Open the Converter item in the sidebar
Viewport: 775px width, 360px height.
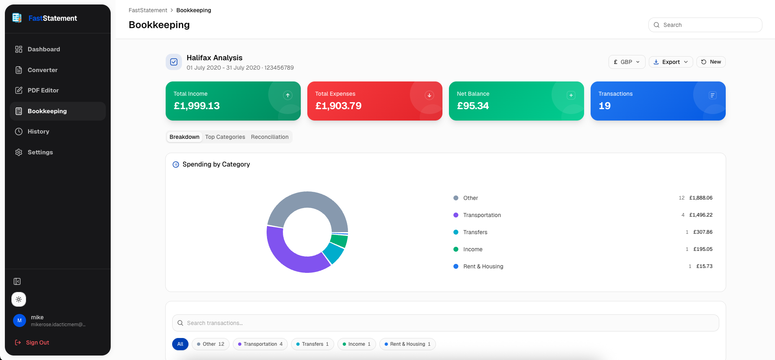(42, 70)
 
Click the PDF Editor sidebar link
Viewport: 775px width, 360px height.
(43, 90)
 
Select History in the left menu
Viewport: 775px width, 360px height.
(38, 132)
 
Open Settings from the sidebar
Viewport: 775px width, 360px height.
(40, 152)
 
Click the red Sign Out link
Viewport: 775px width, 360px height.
(37, 342)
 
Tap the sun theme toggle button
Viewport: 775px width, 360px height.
(19, 299)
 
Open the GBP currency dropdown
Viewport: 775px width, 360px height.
(626, 62)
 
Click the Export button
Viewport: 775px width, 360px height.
(670, 62)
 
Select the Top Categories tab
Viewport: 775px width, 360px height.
(225, 137)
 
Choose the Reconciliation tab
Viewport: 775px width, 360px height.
(269, 137)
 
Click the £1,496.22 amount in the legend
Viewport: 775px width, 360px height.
(701, 215)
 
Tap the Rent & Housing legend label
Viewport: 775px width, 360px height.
(483, 266)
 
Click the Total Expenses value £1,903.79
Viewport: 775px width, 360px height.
(338, 106)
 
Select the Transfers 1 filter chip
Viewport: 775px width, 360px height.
(313, 344)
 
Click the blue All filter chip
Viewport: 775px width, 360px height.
(180, 344)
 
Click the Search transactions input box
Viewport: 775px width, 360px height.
(445, 323)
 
